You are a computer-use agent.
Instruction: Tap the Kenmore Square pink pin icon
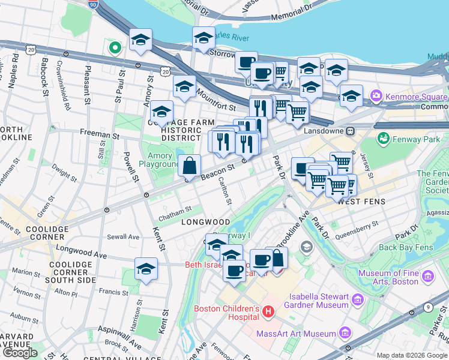point(376,95)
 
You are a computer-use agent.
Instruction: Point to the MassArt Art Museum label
point(295,334)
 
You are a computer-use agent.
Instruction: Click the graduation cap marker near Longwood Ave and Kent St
point(146,268)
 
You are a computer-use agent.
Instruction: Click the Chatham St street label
point(175,209)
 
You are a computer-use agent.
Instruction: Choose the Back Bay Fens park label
point(406,247)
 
